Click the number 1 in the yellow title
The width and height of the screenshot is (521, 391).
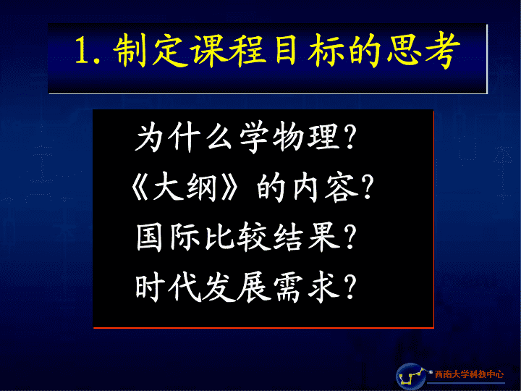82,51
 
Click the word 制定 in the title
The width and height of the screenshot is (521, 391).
150,51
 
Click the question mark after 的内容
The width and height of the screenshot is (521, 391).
367,188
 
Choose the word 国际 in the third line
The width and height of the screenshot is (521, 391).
169,237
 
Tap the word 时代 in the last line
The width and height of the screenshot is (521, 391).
169,287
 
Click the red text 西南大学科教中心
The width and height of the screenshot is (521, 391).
469,374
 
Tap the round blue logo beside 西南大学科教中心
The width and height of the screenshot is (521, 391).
411,377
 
